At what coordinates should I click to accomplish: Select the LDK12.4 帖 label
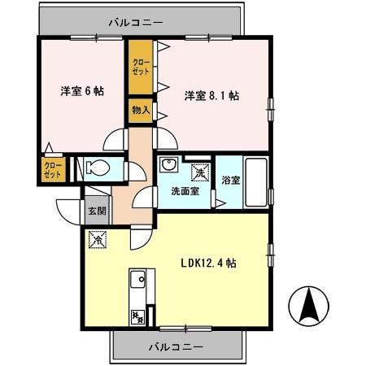click(x=209, y=264)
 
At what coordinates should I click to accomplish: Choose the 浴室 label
click(x=230, y=181)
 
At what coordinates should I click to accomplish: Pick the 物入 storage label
click(x=140, y=110)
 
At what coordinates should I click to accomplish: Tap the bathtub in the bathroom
click(x=257, y=182)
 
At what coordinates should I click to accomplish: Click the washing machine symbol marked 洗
click(x=198, y=172)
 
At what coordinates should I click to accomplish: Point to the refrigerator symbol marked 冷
click(x=98, y=241)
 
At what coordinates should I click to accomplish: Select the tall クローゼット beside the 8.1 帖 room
click(x=142, y=68)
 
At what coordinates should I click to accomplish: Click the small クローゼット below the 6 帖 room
click(x=53, y=171)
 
